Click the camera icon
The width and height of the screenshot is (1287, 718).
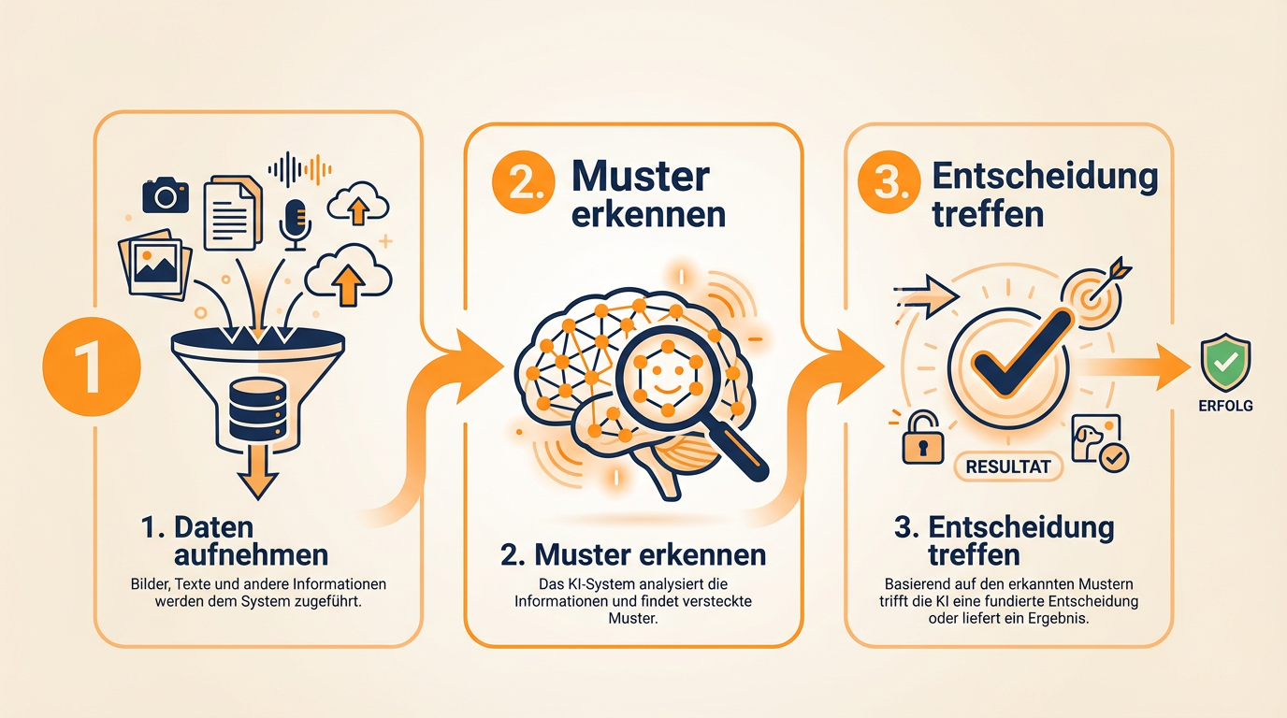(166, 195)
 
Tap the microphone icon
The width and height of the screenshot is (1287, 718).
(296, 225)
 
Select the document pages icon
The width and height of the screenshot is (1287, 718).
(233, 212)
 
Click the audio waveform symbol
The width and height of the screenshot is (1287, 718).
(300, 169)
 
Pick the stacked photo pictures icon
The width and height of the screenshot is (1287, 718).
(155, 265)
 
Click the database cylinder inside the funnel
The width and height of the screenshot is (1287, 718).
(257, 409)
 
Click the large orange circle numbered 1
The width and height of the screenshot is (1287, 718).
(92, 366)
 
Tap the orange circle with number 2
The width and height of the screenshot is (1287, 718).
(524, 182)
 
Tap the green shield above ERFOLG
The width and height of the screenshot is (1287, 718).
(1225, 363)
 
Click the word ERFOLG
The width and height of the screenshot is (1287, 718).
(1225, 406)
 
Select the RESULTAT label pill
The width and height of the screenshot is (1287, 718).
(1008, 467)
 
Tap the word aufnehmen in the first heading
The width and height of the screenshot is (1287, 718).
(251, 555)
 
